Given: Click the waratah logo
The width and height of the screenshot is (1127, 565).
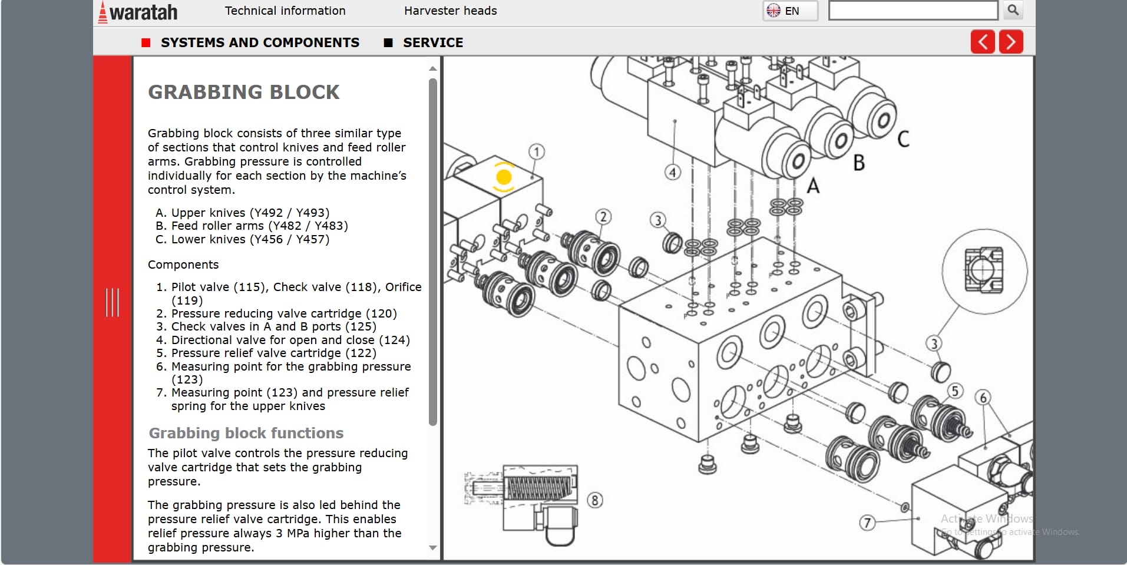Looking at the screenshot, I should click(x=138, y=12).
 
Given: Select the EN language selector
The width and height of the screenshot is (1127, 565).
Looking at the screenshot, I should click(x=790, y=11).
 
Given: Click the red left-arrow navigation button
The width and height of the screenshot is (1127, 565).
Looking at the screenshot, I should click(x=982, y=42).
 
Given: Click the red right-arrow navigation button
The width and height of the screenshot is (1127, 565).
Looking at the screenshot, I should click(x=1011, y=42).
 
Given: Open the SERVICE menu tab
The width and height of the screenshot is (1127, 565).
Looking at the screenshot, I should click(x=432, y=42).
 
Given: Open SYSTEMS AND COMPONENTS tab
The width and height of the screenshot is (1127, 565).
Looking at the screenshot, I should click(x=259, y=42).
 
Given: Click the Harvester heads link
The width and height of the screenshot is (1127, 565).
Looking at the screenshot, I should click(x=450, y=11).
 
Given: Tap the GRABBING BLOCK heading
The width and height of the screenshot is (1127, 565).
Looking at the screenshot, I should click(x=243, y=92).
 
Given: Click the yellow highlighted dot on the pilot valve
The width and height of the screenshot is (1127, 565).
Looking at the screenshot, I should click(x=504, y=177).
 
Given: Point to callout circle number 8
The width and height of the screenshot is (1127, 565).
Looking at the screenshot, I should click(x=595, y=500).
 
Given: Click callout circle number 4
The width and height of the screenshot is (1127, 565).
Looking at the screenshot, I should click(x=673, y=172).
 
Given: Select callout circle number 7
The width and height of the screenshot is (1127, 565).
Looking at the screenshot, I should click(x=867, y=523).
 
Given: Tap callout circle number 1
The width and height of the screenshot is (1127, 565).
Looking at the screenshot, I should click(x=536, y=152).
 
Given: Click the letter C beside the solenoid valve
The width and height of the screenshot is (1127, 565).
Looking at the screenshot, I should click(x=903, y=139).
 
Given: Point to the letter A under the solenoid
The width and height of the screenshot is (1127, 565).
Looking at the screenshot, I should click(x=813, y=186).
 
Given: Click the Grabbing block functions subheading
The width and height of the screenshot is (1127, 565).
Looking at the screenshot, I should click(x=246, y=433).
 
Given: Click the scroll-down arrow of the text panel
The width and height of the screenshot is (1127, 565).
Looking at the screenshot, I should click(x=433, y=548).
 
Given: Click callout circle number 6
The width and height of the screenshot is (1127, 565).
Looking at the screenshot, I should click(x=982, y=398).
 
